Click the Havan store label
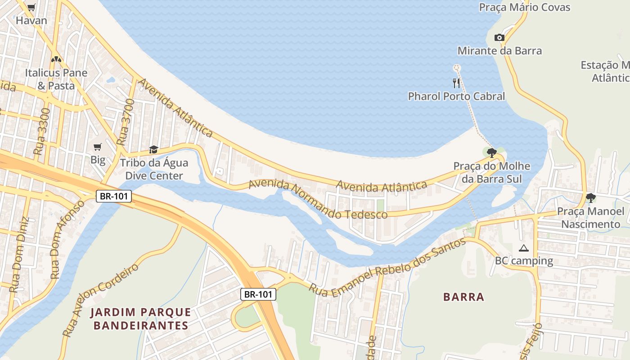click(31, 21)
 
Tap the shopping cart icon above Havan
click(31, 7)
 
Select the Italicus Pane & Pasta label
click(56, 79)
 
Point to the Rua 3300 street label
click(43, 131)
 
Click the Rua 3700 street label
click(126, 122)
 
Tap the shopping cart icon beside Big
click(98, 147)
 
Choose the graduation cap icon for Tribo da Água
click(154, 149)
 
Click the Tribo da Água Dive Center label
click(154, 169)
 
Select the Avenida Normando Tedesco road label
click(318, 200)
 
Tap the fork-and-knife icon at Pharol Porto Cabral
click(456, 83)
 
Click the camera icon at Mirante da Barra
click(499, 37)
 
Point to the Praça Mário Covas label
click(524, 8)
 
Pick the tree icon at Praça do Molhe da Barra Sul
click(491, 153)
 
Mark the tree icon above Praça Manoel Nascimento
click(591, 198)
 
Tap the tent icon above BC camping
click(523, 248)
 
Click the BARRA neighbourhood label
click(463, 297)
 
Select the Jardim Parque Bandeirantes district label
click(141, 319)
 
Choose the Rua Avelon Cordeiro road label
click(101, 300)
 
